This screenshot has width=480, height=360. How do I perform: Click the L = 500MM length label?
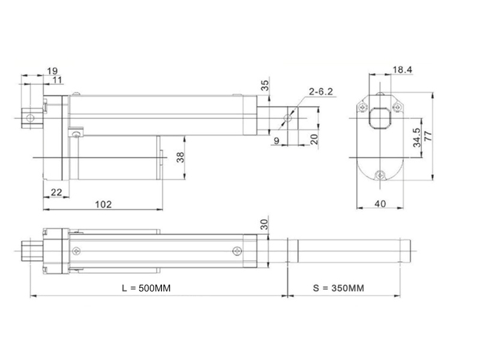pos(146,288)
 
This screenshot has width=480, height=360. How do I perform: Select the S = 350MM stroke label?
pos(338,288)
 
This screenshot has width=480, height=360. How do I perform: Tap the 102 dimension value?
pos(103,204)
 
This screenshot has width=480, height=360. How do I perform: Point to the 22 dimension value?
pos(56,192)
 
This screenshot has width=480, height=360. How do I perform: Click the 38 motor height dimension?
pos(181,157)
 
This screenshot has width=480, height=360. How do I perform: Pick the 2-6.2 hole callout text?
pos(320,92)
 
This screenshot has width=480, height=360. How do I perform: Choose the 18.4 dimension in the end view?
pos(402,70)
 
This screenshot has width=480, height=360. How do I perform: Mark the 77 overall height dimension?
pos(428,136)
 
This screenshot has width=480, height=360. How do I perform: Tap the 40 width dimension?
pos(380,203)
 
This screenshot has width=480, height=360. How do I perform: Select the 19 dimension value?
pos(52,71)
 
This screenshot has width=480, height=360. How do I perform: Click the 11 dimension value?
pos(57,80)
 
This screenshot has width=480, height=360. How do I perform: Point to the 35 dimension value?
pos(265,85)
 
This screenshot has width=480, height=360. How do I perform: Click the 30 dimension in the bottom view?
pos(264,224)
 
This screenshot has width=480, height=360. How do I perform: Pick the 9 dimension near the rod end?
pos(277,141)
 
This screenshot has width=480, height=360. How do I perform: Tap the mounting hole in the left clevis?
pos(30,118)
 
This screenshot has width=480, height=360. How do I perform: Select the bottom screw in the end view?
pos(380,175)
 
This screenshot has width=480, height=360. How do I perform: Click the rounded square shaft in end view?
pos(380,118)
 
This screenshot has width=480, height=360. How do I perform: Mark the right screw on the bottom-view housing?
pos(237,251)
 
